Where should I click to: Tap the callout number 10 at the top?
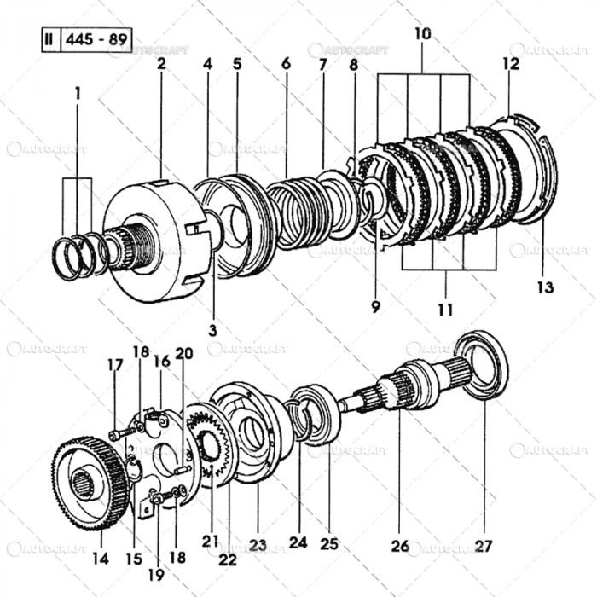tap(423, 34)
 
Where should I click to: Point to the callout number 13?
tap(544, 287)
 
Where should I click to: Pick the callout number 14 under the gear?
tap(101, 559)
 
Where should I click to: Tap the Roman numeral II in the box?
tap(50, 40)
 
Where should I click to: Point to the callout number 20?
tap(183, 353)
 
